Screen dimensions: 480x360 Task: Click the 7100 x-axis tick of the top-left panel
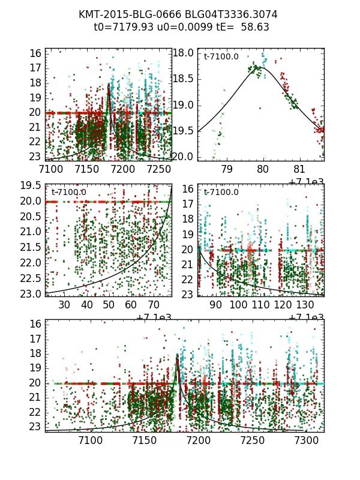tap(52, 170)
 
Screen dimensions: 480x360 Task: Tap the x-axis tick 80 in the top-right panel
tap(263, 170)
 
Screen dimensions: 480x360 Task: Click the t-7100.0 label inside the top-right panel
tap(221, 57)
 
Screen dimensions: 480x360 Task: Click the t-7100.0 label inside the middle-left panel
tap(68, 193)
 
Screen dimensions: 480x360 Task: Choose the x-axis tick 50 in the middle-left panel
tap(109, 304)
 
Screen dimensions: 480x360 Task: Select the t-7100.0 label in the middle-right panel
tap(221, 193)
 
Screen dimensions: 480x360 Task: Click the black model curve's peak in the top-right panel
tap(259, 67)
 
